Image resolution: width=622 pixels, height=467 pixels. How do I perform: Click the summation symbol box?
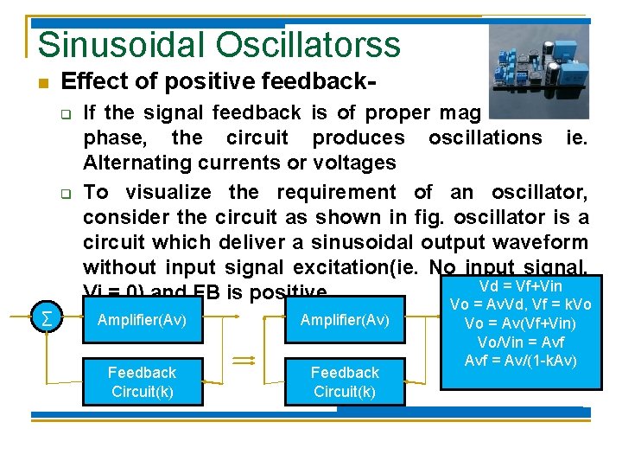(x=45, y=320)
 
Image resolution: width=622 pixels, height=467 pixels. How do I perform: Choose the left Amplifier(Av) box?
(x=142, y=321)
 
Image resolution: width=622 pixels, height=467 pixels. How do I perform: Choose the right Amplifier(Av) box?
(x=345, y=321)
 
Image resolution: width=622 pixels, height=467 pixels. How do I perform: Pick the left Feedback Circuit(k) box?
(x=142, y=381)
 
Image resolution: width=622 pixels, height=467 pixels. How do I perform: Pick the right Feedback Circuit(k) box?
(x=345, y=381)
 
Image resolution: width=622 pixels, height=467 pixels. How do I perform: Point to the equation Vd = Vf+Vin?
(x=520, y=286)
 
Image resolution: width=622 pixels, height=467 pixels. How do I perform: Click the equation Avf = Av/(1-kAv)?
(x=520, y=360)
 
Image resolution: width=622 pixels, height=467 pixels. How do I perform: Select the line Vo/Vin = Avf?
(x=520, y=342)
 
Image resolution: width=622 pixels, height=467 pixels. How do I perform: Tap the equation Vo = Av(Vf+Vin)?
(x=520, y=323)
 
